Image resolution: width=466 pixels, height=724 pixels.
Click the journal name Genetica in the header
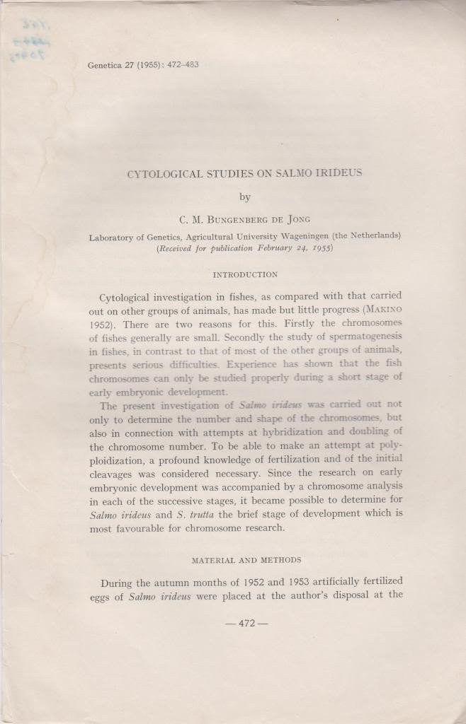pyautogui.click(x=104, y=66)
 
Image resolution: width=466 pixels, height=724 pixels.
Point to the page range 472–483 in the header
pyautogui.click(x=181, y=66)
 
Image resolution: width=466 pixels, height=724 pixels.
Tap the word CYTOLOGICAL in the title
pyautogui.click(x=161, y=174)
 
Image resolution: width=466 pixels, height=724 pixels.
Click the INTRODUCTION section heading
pyautogui.click(x=245, y=275)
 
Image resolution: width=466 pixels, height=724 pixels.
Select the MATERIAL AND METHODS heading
pyautogui.click(x=246, y=560)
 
